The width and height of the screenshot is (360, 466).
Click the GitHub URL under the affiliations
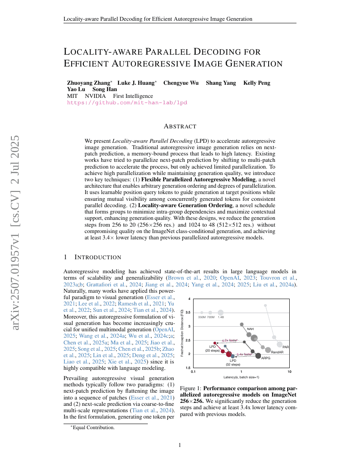click(x=127, y=103)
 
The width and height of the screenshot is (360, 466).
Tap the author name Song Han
click(x=105, y=90)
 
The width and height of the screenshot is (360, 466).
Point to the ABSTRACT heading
click(x=180, y=126)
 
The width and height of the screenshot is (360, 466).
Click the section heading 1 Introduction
click(x=92, y=257)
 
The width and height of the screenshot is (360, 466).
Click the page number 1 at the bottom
click(x=180, y=445)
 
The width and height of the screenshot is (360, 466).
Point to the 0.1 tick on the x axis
click(x=193, y=372)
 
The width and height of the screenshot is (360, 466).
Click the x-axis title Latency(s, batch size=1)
click(x=241, y=377)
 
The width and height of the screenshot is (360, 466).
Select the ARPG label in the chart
click(x=266, y=358)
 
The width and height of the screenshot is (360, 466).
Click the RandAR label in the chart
click(x=277, y=352)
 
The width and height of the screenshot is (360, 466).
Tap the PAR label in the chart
click(x=286, y=347)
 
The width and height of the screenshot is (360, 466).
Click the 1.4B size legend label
click(x=221, y=317)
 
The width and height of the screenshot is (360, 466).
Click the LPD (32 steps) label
click(x=233, y=363)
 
